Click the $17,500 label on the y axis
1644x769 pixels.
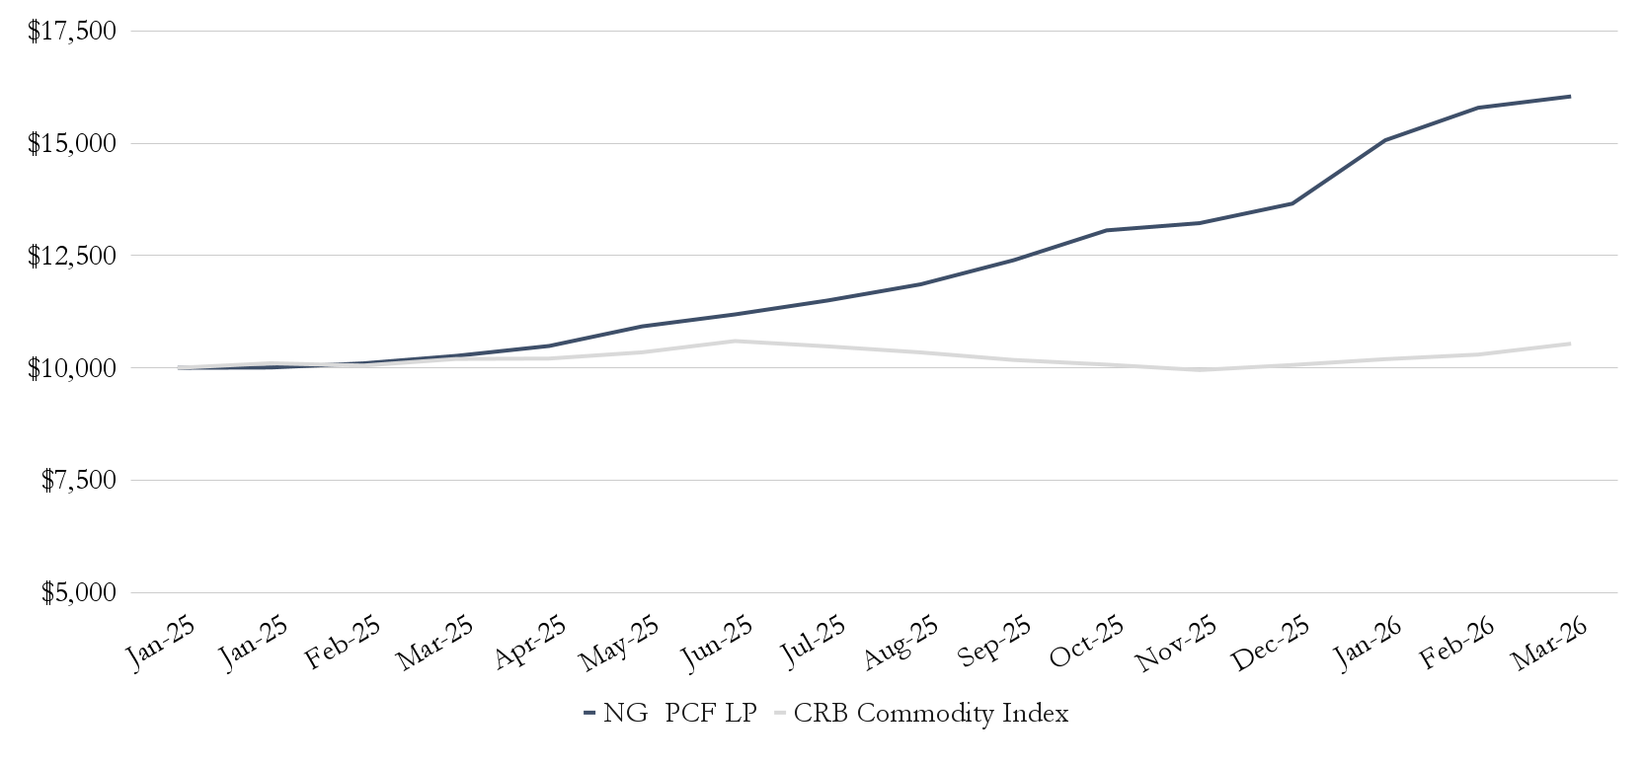[72, 32]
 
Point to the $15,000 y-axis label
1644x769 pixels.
[72, 144]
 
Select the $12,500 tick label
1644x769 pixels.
[72, 257]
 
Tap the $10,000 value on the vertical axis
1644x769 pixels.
[72, 368]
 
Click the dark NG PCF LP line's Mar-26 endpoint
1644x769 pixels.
[1570, 97]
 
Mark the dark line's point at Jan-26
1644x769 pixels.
[1384, 140]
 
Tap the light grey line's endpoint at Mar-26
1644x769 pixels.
[1570, 344]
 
